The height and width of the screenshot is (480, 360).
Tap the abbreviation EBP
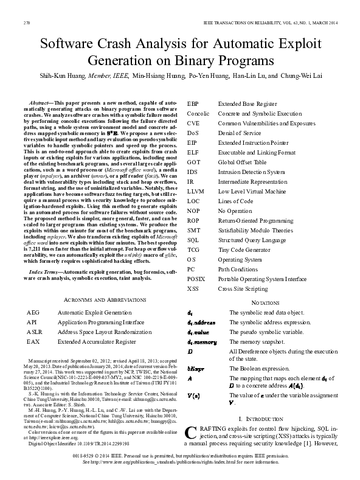tap(193, 105)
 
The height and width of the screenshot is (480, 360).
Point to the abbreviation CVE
tap(193, 123)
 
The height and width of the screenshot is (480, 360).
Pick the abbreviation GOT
tap(194, 162)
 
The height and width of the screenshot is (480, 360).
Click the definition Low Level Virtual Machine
tap(253, 192)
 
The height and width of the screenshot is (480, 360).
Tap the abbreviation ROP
tap(194, 221)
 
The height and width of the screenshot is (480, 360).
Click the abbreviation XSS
tap(193, 289)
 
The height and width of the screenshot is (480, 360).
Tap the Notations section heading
tap(265, 302)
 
